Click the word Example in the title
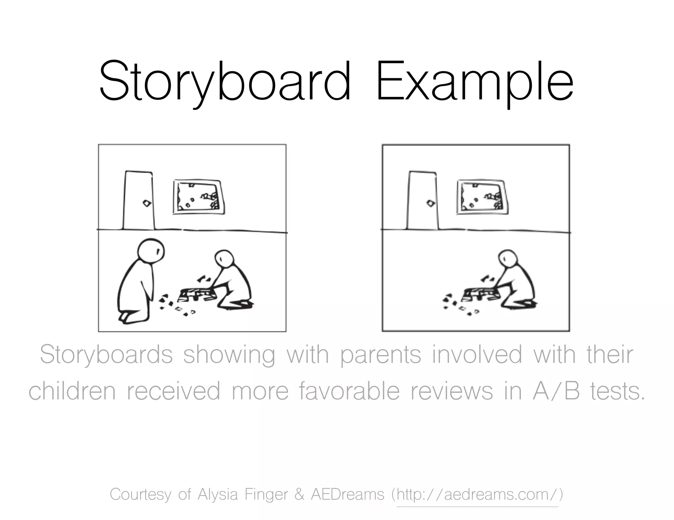tap(474, 82)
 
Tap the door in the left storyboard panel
tap(138, 201)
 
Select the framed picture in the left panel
tap(199, 197)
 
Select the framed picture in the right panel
tap(482, 197)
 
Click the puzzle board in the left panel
tap(197, 294)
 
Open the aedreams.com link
tap(477, 494)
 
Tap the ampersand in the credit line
tap(299, 494)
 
